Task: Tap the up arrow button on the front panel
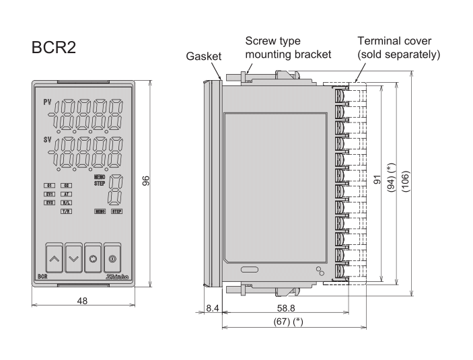(x=55, y=258)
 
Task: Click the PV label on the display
(x=47, y=102)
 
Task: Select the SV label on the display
(x=47, y=140)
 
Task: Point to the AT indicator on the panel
(x=67, y=193)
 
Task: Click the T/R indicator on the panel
(x=67, y=211)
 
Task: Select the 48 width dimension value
(x=82, y=301)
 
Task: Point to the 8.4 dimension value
(x=213, y=308)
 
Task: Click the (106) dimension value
(x=405, y=181)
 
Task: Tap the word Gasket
(x=204, y=57)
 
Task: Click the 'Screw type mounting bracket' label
(x=288, y=47)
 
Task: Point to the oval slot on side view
(x=248, y=271)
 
